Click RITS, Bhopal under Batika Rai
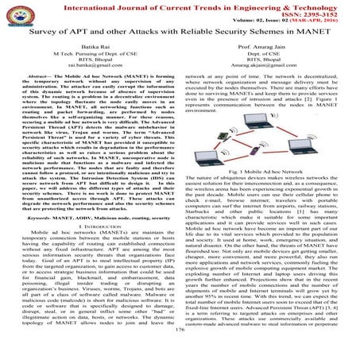pyautogui.click(x=93, y=72)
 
